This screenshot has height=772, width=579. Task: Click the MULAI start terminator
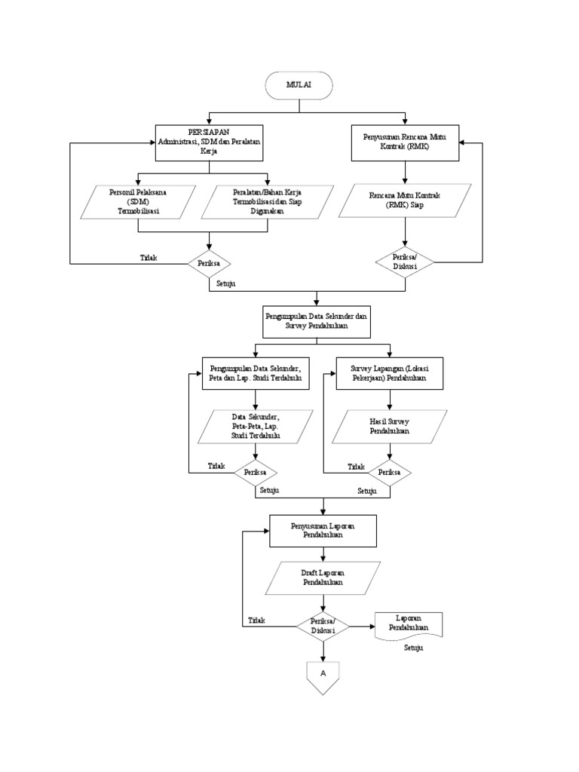tap(299, 86)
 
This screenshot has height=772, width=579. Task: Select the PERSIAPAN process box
tap(209, 142)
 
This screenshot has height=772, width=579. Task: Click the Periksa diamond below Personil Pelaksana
tap(209, 264)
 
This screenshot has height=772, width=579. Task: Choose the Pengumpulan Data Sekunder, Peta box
tap(256, 373)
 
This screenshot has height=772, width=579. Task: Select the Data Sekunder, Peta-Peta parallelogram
tap(256, 426)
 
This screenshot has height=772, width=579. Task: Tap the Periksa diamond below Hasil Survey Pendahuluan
tap(388, 472)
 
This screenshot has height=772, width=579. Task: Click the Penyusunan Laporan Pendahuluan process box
tap(323, 531)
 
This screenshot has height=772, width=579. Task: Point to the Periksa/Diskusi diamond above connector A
tap(323, 626)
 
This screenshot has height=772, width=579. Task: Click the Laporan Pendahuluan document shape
tap(408, 626)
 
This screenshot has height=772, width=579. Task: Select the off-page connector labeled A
tap(323, 672)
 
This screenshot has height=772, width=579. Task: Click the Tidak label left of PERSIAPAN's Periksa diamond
tap(149, 258)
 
